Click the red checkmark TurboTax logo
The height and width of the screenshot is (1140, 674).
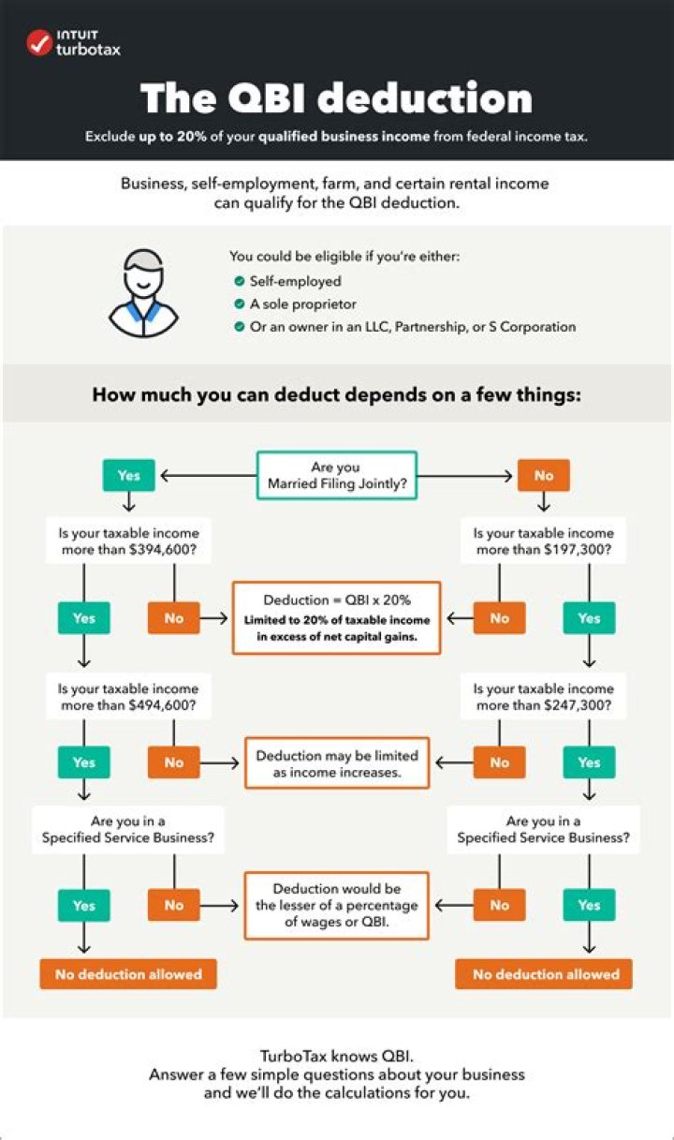tap(39, 43)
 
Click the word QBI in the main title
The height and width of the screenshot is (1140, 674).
tap(266, 97)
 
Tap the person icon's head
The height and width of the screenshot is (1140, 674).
tap(143, 274)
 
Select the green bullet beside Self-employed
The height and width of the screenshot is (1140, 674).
tap(239, 281)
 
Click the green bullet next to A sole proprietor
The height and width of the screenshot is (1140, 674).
tap(239, 304)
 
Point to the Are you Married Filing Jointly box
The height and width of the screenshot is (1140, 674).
tap(337, 475)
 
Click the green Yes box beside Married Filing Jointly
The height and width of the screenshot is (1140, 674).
tap(128, 475)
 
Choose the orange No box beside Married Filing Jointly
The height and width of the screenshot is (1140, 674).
tap(544, 475)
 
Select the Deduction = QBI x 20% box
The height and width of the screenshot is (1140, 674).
tap(337, 618)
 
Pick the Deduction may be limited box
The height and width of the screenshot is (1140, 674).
tap(337, 762)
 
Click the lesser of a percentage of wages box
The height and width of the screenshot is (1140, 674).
tap(337, 906)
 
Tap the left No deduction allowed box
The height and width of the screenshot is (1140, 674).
tap(128, 974)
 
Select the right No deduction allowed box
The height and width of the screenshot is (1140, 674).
tap(544, 974)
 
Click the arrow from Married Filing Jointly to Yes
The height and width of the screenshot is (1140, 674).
tap(209, 475)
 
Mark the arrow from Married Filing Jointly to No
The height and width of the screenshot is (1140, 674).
tap(464, 475)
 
